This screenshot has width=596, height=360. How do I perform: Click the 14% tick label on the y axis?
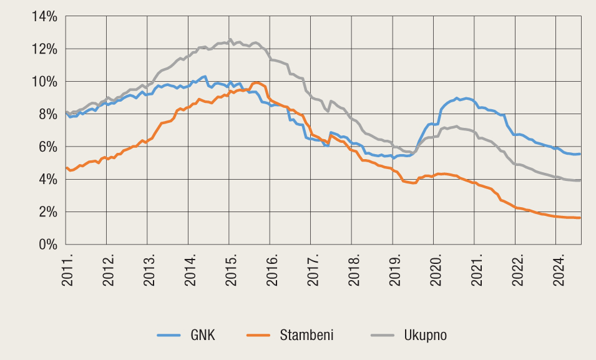click(x=44, y=16)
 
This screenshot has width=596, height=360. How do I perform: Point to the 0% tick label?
click(x=47, y=245)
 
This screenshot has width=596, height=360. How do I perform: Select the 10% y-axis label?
click(x=44, y=82)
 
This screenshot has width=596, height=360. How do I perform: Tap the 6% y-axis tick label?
click(x=47, y=147)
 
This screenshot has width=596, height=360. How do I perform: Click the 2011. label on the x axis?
click(x=67, y=270)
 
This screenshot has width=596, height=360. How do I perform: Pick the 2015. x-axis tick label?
click(x=230, y=270)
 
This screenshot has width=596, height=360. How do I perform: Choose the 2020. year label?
click(x=435, y=270)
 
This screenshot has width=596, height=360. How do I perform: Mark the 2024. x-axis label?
click(x=557, y=270)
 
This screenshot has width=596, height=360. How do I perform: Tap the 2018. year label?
click(x=353, y=270)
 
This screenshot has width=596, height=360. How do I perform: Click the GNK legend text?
click(x=203, y=335)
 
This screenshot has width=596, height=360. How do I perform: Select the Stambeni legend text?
click(x=306, y=335)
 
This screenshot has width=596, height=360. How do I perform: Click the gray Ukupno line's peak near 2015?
click(x=230, y=39)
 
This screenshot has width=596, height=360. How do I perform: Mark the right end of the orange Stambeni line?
click(x=580, y=218)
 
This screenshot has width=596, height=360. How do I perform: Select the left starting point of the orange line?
click(x=66, y=167)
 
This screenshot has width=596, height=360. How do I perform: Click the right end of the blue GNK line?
click(x=580, y=154)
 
